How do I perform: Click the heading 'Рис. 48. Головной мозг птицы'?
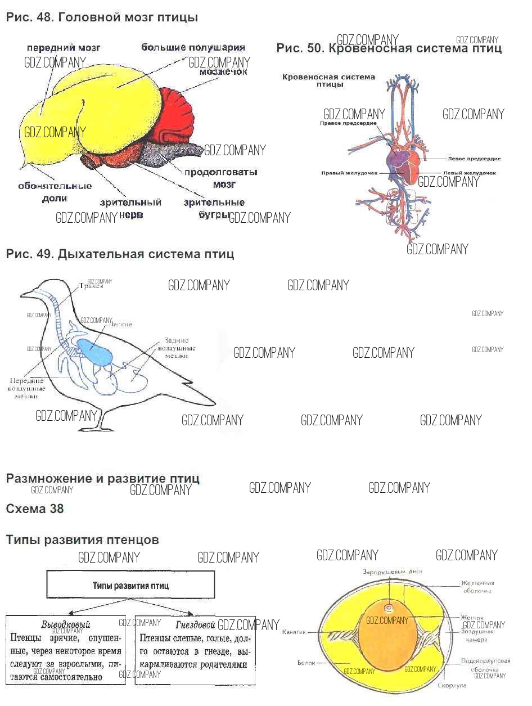(102, 17)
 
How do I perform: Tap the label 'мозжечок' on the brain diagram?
(223, 72)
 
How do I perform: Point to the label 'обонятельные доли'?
(55, 191)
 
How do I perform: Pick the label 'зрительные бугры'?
(214, 208)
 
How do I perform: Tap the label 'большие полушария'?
(193, 47)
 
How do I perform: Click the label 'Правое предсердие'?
(348, 123)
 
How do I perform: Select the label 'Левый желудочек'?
(469, 173)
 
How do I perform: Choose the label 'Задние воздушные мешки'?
(176, 348)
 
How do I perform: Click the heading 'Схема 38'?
(35, 509)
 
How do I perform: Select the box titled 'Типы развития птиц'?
(130, 585)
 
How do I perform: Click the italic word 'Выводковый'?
(66, 625)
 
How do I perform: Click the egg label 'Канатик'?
(294, 632)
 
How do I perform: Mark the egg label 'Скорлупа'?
(452, 686)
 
